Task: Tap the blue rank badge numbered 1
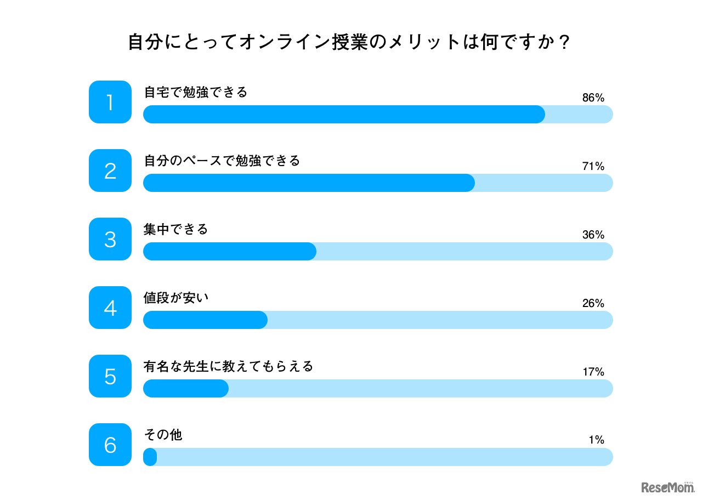point(110,102)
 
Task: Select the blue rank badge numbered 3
point(110,239)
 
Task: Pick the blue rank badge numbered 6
point(110,445)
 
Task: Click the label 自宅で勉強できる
point(196,92)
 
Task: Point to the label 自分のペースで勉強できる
point(222,161)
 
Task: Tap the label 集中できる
point(176,229)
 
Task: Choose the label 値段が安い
point(176,298)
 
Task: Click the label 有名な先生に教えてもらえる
point(228,366)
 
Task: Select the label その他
point(163,435)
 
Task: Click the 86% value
point(593,98)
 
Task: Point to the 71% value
point(593,167)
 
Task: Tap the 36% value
point(593,235)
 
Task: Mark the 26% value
point(593,304)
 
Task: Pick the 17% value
point(593,372)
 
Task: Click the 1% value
point(596,440)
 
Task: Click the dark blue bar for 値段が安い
point(205,320)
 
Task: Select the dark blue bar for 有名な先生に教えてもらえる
point(186,388)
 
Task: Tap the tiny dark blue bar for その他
point(150,457)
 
